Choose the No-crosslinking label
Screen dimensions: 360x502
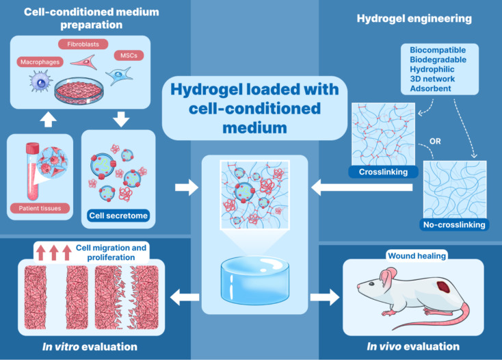point(455,224)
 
